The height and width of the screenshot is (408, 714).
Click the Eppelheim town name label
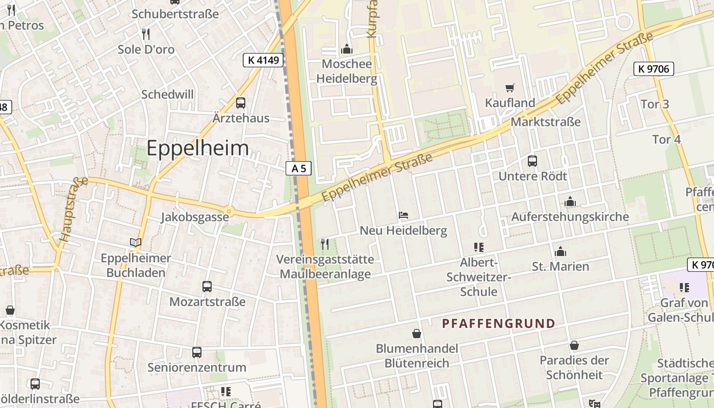coord(198,148)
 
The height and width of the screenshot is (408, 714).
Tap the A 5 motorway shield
coord(299,168)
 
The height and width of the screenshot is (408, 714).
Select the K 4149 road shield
coord(263,60)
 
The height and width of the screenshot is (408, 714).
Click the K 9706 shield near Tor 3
coord(654,69)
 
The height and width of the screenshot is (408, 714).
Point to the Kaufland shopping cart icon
coord(509,88)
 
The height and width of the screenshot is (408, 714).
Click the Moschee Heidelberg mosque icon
coord(347,49)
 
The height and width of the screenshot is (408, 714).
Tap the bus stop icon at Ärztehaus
coord(241,103)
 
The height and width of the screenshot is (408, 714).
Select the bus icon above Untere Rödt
coord(532,161)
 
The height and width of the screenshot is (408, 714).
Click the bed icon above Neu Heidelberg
coord(403,215)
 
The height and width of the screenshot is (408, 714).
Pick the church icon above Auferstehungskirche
coord(570,202)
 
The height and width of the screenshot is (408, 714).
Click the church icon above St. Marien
coord(560,251)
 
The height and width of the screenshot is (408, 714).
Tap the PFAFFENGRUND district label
coord(498,323)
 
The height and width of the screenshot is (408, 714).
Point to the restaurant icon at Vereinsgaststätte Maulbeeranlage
coord(325,244)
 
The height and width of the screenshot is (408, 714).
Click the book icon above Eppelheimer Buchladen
coord(136,243)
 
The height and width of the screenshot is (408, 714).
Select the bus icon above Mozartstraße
coord(207,287)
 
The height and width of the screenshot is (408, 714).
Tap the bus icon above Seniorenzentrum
coord(197,352)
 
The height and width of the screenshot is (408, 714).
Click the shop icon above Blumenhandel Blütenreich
coord(417,334)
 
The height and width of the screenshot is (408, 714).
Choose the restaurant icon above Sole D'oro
coord(146,34)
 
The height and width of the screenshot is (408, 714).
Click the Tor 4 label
coord(667,139)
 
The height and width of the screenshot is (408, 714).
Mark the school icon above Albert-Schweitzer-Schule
coord(478,247)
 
